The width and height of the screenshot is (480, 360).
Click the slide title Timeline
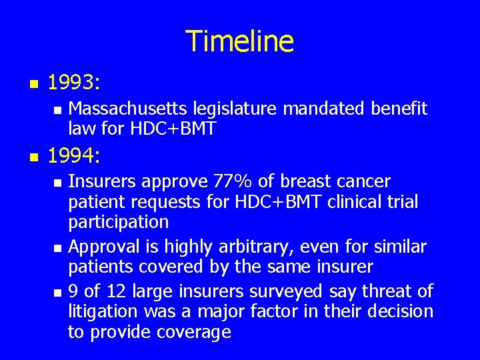(239, 41)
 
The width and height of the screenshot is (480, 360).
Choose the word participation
(118, 221)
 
